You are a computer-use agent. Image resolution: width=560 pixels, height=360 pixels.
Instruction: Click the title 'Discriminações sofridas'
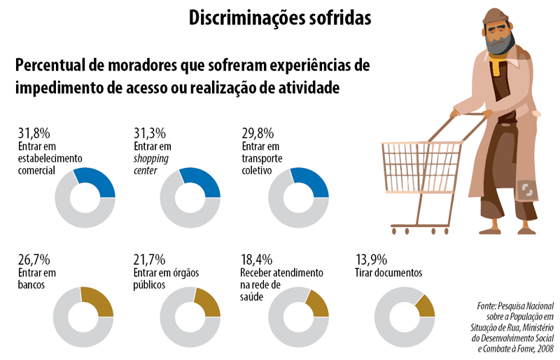tap(280, 18)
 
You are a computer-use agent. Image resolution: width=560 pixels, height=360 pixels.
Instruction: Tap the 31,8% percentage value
tap(34, 133)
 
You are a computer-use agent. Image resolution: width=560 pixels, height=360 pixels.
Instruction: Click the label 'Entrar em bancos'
tap(36, 279)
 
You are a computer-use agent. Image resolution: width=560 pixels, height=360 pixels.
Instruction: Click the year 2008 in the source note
tap(544, 348)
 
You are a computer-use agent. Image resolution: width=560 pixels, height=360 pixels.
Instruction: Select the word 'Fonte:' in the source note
tap(488, 306)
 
